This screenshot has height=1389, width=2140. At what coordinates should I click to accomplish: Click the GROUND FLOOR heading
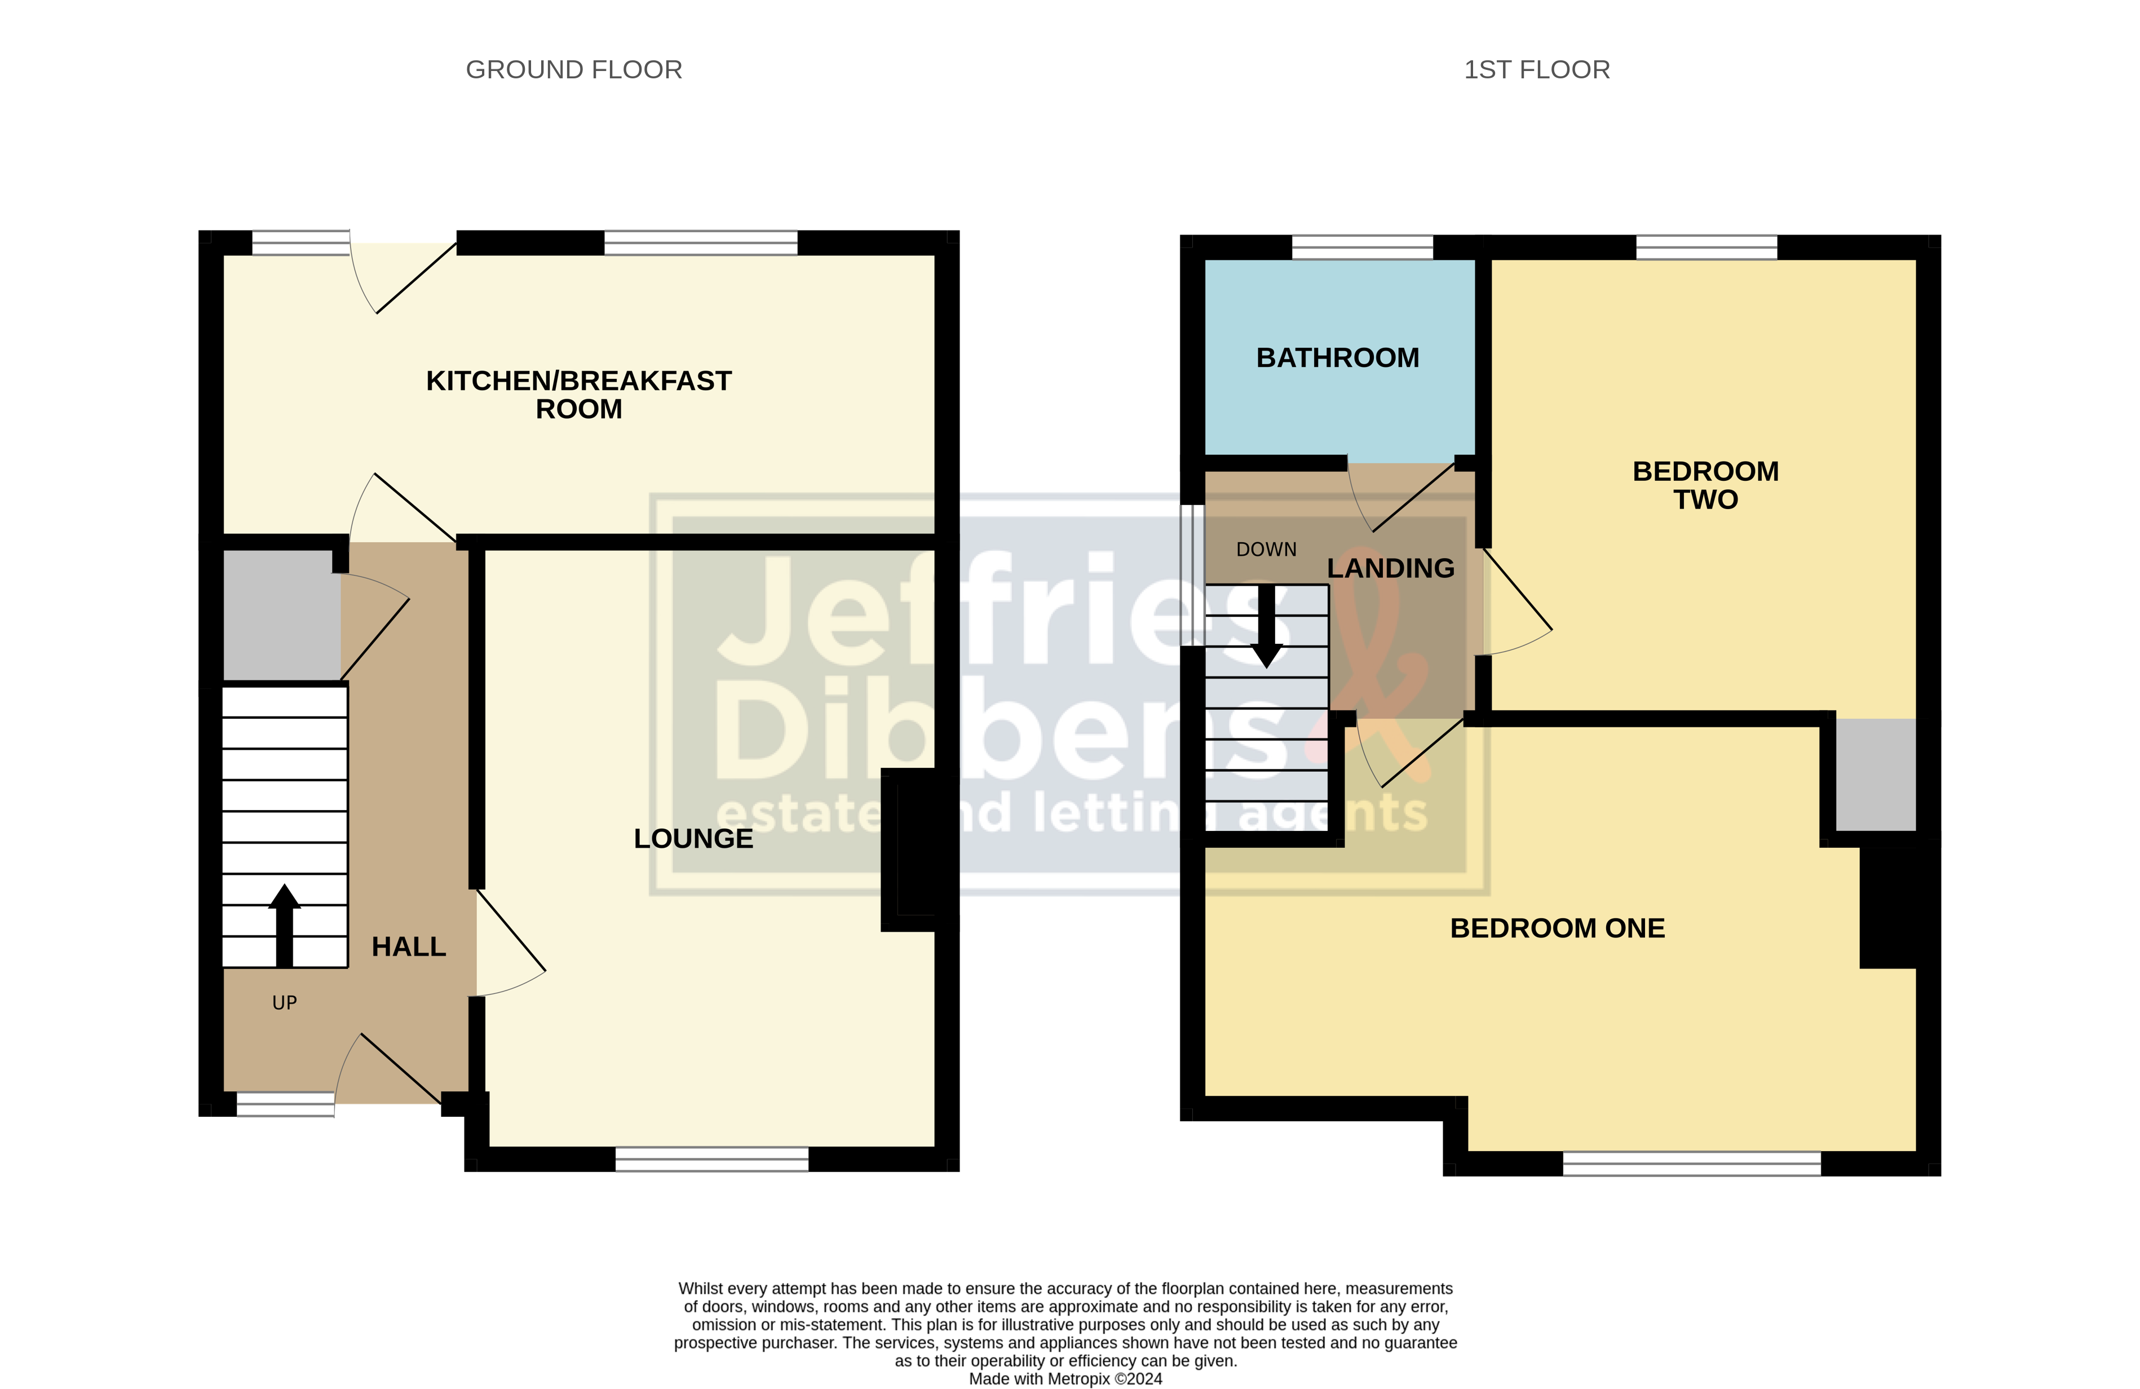(574, 69)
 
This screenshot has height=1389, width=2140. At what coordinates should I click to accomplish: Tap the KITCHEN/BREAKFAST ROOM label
(578, 394)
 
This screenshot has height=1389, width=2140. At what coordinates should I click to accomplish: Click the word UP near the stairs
(284, 1002)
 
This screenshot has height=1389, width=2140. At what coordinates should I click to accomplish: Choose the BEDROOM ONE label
(1557, 928)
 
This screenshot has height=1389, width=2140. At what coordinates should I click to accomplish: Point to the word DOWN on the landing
(1266, 549)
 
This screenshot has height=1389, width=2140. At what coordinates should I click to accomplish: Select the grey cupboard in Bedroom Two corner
(1874, 775)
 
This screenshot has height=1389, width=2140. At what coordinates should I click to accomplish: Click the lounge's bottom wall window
(711, 1159)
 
